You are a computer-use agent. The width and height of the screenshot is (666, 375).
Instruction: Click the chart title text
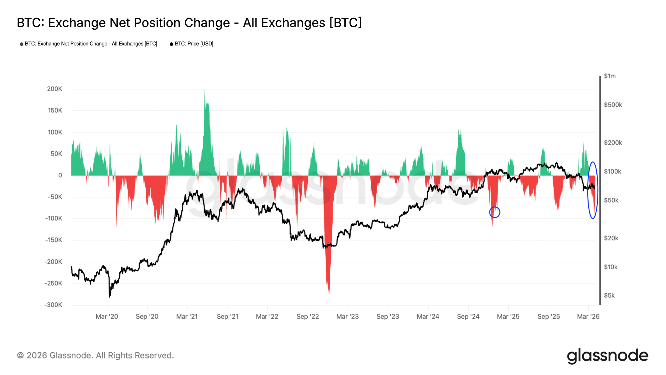[189, 23]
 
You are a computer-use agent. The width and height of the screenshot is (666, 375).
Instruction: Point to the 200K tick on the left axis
[55, 89]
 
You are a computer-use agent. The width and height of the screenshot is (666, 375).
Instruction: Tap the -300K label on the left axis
[53, 305]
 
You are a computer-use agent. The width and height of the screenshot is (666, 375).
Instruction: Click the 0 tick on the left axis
[60, 175]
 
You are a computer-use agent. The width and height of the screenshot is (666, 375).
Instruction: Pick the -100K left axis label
[53, 218]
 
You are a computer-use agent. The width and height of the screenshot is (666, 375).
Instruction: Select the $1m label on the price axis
[610, 76]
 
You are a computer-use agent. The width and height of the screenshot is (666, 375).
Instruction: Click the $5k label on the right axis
[609, 296]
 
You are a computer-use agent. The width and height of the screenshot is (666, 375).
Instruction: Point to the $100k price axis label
[612, 172]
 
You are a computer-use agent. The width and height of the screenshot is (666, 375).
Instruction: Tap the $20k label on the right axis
[611, 238]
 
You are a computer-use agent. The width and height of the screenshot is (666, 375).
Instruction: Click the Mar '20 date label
[107, 316]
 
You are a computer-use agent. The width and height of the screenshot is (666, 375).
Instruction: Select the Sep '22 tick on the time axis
[308, 316]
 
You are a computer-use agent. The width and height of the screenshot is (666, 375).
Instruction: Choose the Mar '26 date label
[588, 316]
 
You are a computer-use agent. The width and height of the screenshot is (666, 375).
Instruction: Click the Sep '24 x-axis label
[468, 316]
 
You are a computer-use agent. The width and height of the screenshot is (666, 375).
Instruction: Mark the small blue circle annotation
[495, 212]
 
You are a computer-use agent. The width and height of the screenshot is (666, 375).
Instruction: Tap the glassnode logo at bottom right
[607, 356]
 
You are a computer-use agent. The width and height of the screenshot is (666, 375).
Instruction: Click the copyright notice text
[96, 355]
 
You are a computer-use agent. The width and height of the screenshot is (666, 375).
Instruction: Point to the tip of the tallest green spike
[205, 90]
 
